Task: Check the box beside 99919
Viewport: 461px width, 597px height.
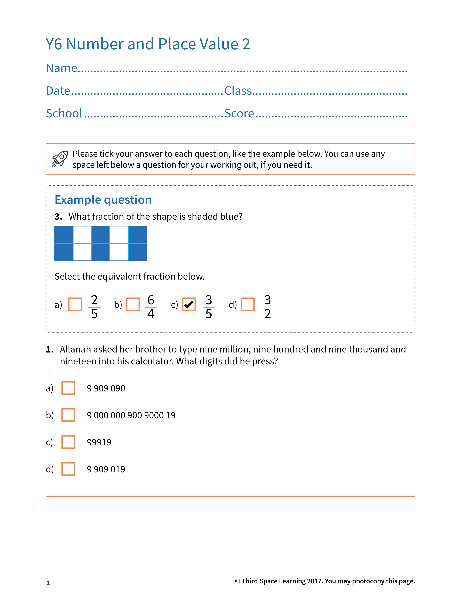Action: pyautogui.click(x=68, y=442)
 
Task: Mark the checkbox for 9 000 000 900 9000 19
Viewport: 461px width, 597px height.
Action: pyautogui.click(x=68, y=415)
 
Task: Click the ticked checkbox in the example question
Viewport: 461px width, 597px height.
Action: pyautogui.click(x=189, y=304)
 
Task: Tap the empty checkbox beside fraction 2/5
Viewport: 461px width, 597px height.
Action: pyautogui.click(x=75, y=304)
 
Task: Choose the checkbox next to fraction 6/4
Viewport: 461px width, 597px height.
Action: pyautogui.click(x=133, y=304)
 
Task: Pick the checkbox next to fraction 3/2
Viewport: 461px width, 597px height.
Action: pyautogui.click(x=248, y=304)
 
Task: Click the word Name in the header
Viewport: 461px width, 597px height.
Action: pyautogui.click(x=62, y=68)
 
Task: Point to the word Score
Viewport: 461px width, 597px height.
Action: pyautogui.click(x=239, y=113)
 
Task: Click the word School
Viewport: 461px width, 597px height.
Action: pyautogui.click(x=64, y=113)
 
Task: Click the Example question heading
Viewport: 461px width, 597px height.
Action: pyautogui.click(x=103, y=200)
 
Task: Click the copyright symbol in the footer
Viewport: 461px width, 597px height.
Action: pyautogui.click(x=238, y=581)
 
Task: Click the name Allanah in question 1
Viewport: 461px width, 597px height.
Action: pyautogui.click(x=75, y=349)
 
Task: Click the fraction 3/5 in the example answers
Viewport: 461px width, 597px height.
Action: pyautogui.click(x=209, y=307)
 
